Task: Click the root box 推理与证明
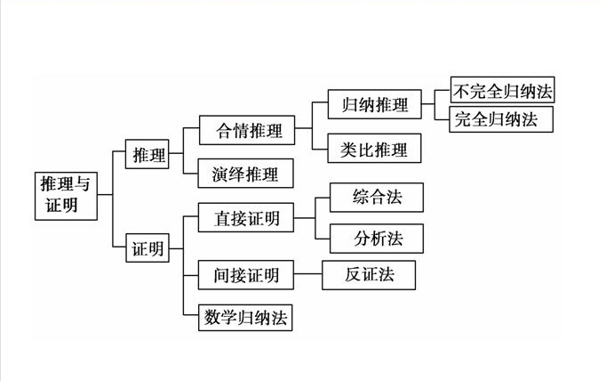coord(67,194)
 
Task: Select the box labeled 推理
coord(148,155)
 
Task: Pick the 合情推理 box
coord(250,131)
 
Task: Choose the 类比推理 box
coord(374,149)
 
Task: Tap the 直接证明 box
coord(247,218)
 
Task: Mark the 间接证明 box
coord(246,275)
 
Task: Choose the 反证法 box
coord(369,274)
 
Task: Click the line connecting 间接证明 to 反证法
coord(308,275)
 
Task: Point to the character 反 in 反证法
coord(353,274)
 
